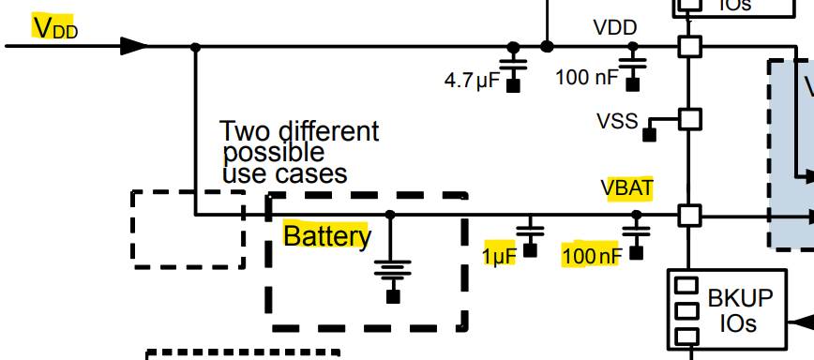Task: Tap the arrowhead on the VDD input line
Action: pos(135,46)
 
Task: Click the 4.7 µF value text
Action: pos(472,81)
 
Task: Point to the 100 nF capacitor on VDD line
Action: pos(633,66)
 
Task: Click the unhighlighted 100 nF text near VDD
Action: pos(588,77)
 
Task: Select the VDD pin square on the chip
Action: pos(690,46)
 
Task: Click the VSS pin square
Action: pos(690,119)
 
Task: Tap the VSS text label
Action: pos(616,120)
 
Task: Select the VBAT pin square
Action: pos(690,215)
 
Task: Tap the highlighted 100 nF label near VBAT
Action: pos(591,255)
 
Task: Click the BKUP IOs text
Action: pos(740,310)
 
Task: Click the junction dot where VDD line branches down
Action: pos(195,46)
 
